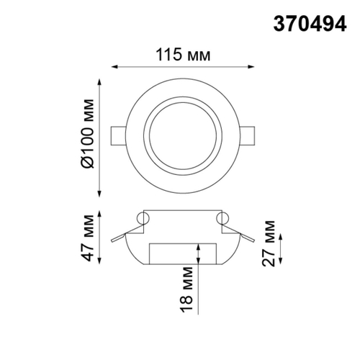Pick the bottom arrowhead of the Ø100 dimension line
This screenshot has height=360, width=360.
[100, 196]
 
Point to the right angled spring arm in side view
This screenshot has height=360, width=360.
[243, 234]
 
